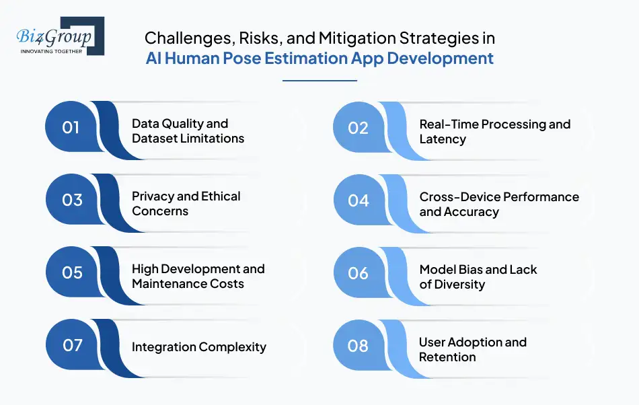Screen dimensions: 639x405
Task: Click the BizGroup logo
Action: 61,36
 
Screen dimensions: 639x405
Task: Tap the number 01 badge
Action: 72,126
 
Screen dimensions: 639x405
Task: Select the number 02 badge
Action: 359,128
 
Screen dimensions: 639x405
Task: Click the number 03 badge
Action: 72,200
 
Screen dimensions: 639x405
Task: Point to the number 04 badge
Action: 359,200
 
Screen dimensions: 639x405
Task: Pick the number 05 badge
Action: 72,272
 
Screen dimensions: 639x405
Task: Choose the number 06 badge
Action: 359,273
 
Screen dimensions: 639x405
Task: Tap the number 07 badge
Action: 72,345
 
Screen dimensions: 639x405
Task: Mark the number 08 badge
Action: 359,346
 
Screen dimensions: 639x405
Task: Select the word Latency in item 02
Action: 443,139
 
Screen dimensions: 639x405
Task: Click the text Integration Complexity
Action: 199,347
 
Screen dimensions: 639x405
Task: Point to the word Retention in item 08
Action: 447,357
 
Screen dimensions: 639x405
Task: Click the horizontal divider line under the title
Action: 320,81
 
